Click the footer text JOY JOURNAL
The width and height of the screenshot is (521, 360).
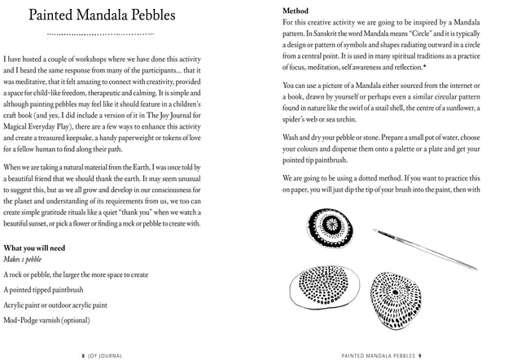tap(107, 355)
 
